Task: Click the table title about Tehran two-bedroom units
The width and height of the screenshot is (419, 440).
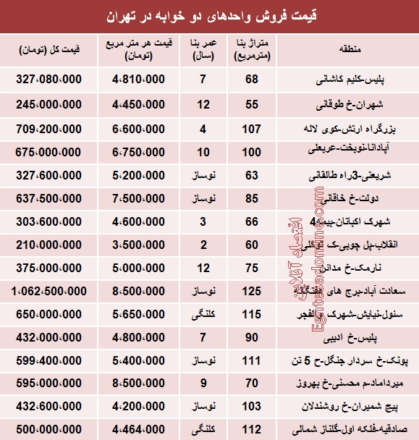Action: pyautogui.click(x=209, y=15)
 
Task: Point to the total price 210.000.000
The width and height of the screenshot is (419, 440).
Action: pyautogui.click(x=57, y=245)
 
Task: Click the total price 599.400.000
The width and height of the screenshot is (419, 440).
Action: pyautogui.click(x=56, y=358)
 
